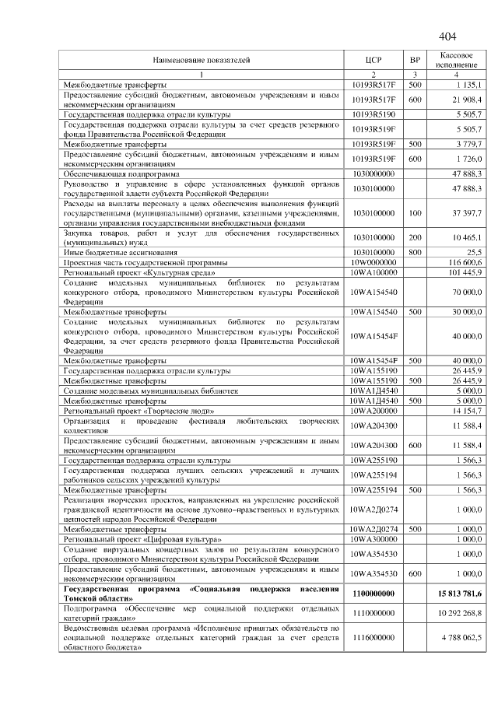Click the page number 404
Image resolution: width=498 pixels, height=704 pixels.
tap(447, 37)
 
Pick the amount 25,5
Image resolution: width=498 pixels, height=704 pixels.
tap(473, 252)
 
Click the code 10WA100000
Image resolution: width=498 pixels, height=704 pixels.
tap(373, 272)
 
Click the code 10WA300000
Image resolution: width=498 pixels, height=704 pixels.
tap(373, 538)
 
